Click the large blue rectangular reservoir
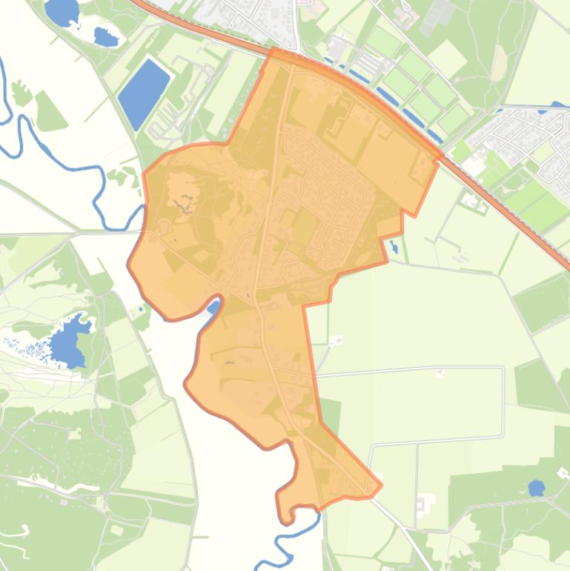[x=143, y=93]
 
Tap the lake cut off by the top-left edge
[x=62, y=10]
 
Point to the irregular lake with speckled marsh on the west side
[x=69, y=340]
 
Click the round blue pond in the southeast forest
[x=536, y=488]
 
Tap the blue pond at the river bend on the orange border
[x=213, y=307]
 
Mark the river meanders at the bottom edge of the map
[x=285, y=546]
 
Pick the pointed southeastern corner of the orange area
[x=380, y=486]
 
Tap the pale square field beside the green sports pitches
[x=446, y=56]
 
